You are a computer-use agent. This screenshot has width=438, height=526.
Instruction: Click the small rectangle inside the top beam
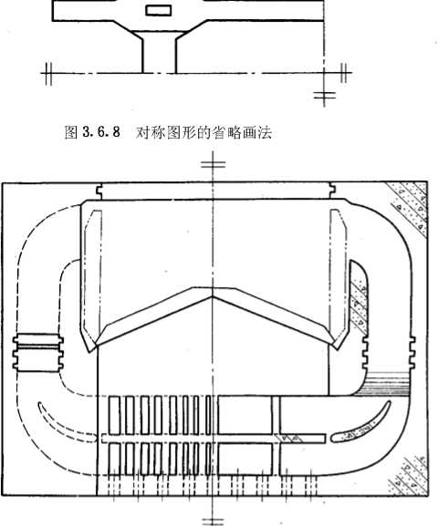[159, 10]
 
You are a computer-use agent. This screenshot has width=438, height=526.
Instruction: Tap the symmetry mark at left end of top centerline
[48, 73]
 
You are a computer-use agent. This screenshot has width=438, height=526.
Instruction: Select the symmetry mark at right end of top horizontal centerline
[343, 73]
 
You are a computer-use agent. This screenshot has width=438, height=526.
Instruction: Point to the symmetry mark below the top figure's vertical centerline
[325, 96]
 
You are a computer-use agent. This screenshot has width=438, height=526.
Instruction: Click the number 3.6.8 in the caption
[101, 132]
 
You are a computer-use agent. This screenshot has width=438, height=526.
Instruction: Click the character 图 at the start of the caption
[71, 133]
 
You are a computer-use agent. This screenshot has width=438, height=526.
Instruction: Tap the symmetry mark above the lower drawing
[213, 164]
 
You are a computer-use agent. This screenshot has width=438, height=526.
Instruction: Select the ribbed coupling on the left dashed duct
[38, 353]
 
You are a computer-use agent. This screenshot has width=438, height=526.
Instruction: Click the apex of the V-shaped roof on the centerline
[213, 296]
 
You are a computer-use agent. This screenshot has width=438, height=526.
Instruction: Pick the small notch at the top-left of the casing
[99, 191]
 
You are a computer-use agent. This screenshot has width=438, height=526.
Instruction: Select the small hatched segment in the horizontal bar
[289, 438]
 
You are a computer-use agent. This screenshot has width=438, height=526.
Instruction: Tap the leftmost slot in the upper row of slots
[115, 415]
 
